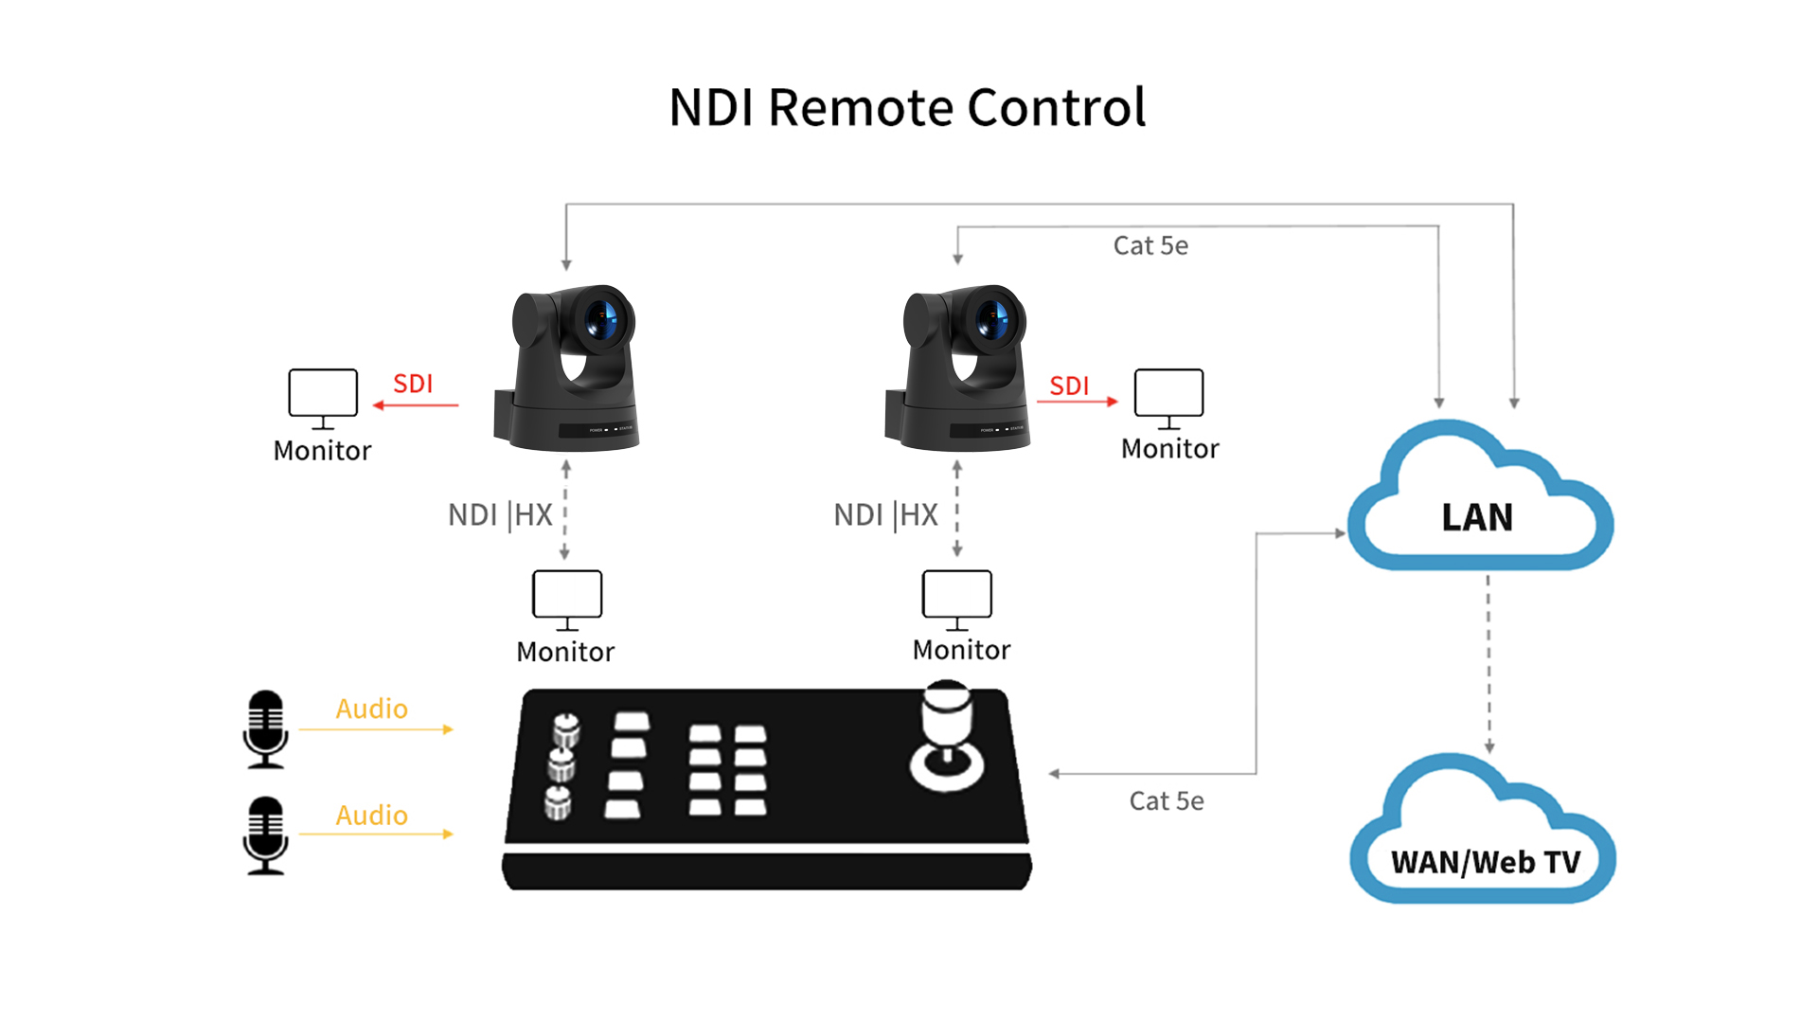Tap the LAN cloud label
click(x=1477, y=517)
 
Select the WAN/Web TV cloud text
click(x=1486, y=862)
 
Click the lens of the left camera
click(x=601, y=319)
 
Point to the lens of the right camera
click(x=991, y=319)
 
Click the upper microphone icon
click(x=266, y=728)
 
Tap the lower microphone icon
click(x=266, y=835)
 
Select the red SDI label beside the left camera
click(x=413, y=384)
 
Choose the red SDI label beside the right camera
click(x=1069, y=386)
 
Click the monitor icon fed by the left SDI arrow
click(x=323, y=399)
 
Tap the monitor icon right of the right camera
click(x=1169, y=399)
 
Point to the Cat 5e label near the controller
click(x=1167, y=801)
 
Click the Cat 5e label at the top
click(x=1150, y=245)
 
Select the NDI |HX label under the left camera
click(x=500, y=515)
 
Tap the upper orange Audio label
click(x=372, y=709)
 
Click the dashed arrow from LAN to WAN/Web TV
click(x=1488, y=663)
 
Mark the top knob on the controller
click(x=566, y=730)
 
